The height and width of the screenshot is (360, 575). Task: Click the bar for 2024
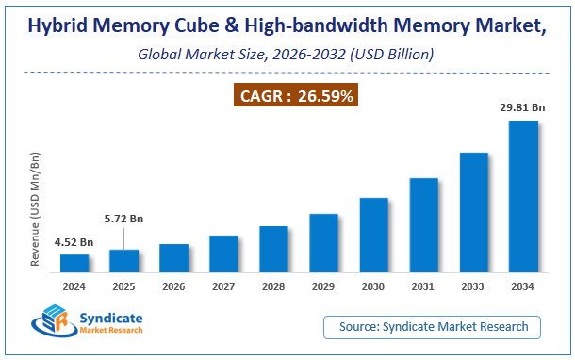74,263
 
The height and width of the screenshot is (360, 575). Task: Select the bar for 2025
124,261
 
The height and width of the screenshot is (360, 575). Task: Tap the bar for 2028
273,249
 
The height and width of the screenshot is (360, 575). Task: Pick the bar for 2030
373,235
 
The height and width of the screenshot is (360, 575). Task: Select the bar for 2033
473,212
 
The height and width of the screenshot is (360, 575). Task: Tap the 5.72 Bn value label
123,220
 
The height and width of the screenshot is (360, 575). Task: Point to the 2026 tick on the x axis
174,286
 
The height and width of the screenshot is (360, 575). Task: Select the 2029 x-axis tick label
323,286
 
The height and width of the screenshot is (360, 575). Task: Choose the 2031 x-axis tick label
423,286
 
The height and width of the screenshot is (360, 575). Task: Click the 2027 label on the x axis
223,286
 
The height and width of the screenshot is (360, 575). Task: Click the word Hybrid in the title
60,26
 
